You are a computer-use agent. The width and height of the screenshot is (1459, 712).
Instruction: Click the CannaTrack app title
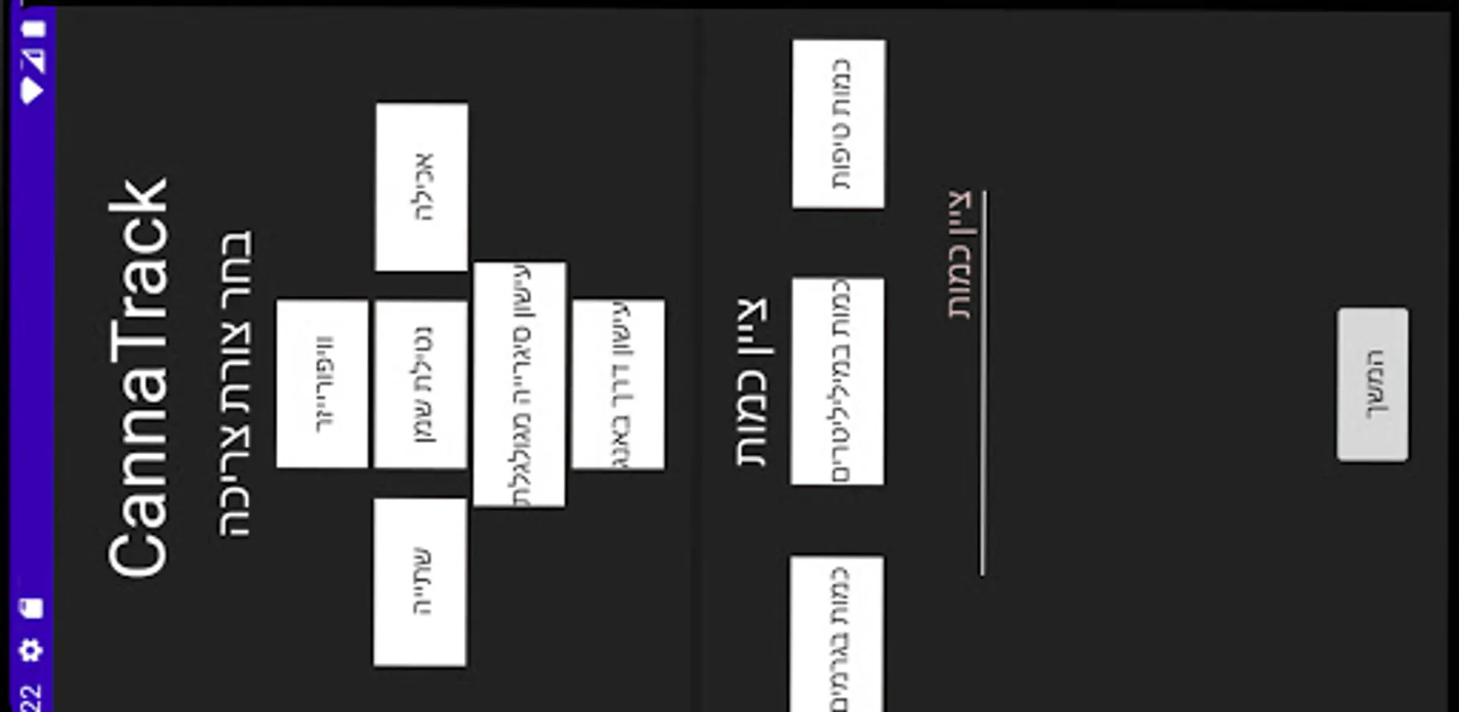pyautogui.click(x=139, y=378)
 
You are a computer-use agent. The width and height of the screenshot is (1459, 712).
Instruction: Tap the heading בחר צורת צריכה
pyautogui.click(x=236, y=384)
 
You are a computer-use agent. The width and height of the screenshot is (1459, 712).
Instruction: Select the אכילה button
pyautogui.click(x=421, y=187)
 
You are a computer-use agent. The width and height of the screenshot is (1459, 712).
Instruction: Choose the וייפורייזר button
pyautogui.click(x=322, y=384)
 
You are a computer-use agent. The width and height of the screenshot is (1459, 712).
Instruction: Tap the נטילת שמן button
pyautogui.click(x=420, y=384)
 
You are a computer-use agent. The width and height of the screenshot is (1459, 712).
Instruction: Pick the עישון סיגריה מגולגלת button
pyautogui.click(x=519, y=384)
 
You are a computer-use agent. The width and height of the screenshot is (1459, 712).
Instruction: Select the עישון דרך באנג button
pyautogui.click(x=618, y=384)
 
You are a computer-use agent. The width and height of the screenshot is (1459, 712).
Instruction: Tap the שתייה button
pyautogui.click(x=420, y=582)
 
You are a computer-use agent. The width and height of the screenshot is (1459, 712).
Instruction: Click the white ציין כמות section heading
pyautogui.click(x=752, y=383)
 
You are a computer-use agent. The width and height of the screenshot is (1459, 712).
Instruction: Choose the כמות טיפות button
pyautogui.click(x=839, y=124)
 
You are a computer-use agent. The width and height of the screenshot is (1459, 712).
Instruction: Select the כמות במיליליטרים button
pyautogui.click(x=838, y=381)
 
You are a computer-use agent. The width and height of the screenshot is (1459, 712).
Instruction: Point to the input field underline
pyautogui.click(x=983, y=383)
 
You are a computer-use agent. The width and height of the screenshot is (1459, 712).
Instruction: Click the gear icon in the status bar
pyautogui.click(x=31, y=650)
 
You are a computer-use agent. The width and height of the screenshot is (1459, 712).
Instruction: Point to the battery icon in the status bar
pyautogui.click(x=33, y=29)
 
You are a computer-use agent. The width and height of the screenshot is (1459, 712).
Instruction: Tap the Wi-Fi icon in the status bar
pyautogui.click(x=32, y=90)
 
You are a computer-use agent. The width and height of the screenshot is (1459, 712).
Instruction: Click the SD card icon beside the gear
pyautogui.click(x=32, y=608)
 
